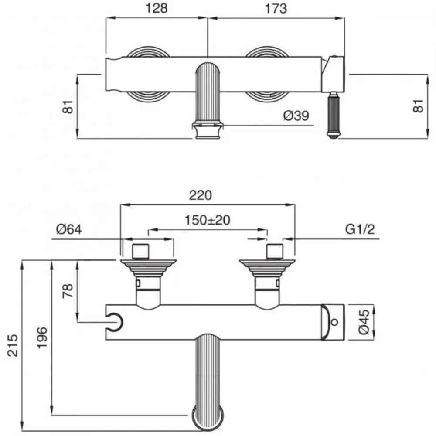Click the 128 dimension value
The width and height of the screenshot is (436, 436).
157,8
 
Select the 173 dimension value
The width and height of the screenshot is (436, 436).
276,8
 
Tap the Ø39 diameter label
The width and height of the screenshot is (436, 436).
296,116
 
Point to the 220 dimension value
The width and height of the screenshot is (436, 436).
201,195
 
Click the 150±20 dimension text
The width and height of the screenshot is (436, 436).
208,220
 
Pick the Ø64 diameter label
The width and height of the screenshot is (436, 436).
69,229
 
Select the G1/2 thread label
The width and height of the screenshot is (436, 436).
360,229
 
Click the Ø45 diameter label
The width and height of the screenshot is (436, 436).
364,322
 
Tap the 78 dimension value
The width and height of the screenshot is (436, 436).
68,291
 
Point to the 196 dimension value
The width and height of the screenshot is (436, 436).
42,337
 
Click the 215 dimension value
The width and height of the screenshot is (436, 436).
13,346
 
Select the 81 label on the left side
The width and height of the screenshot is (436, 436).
68,106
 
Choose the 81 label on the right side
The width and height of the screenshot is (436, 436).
418,106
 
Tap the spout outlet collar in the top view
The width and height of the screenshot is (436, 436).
208,130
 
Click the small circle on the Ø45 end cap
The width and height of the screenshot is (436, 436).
334,322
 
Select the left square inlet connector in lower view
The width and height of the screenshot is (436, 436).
141,252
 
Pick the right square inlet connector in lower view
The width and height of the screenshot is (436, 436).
275,252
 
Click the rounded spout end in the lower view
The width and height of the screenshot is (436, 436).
208,419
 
